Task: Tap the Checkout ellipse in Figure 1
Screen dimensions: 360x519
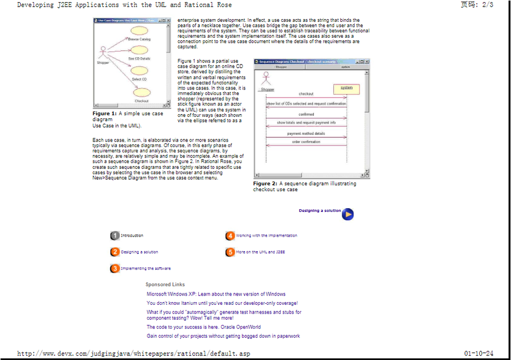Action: point(141,93)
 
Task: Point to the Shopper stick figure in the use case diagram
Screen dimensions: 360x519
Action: point(103,52)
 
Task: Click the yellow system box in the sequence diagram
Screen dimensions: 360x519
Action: point(346,88)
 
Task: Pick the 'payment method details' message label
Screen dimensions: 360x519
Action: point(306,133)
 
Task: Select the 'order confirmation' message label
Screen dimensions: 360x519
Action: point(306,142)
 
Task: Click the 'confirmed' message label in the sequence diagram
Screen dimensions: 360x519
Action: point(306,114)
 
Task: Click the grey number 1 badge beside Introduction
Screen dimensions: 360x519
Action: point(115,235)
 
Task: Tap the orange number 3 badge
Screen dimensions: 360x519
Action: point(115,268)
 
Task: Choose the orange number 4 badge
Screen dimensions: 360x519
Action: point(230,235)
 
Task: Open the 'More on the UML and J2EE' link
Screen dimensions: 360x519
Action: point(260,252)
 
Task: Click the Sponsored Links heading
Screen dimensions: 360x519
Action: point(165,285)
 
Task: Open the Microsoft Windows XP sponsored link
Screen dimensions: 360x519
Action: point(216,294)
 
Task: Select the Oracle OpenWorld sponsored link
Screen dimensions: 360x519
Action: point(203,327)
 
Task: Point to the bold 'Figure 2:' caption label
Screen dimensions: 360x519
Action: point(265,184)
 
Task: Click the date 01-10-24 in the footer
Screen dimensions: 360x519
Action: point(479,353)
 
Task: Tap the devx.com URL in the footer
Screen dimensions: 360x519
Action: point(134,353)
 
